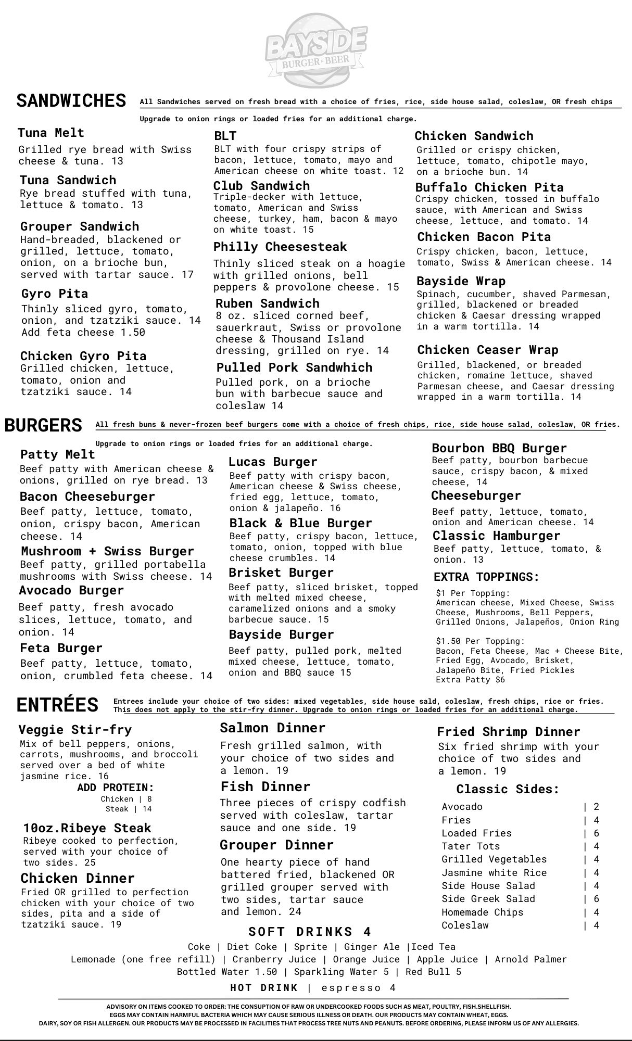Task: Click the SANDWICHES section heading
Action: coord(71,100)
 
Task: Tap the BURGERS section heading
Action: coord(43,425)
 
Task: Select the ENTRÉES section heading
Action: coord(57,705)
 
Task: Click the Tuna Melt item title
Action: coord(51,133)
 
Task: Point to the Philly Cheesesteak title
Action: coord(280,247)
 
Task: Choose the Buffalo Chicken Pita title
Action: coord(489,187)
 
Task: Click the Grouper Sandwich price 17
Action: coord(187,274)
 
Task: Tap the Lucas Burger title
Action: coord(273,462)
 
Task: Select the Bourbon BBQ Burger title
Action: coord(499,448)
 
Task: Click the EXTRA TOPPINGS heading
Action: coord(486,577)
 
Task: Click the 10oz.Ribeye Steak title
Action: coord(87,828)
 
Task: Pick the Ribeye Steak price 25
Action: coord(90,862)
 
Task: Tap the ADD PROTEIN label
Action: coord(116,788)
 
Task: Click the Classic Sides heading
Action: coord(508,789)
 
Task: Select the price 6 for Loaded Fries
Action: coord(596,833)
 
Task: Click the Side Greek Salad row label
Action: coord(488,899)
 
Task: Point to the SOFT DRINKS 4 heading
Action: coord(310,932)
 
